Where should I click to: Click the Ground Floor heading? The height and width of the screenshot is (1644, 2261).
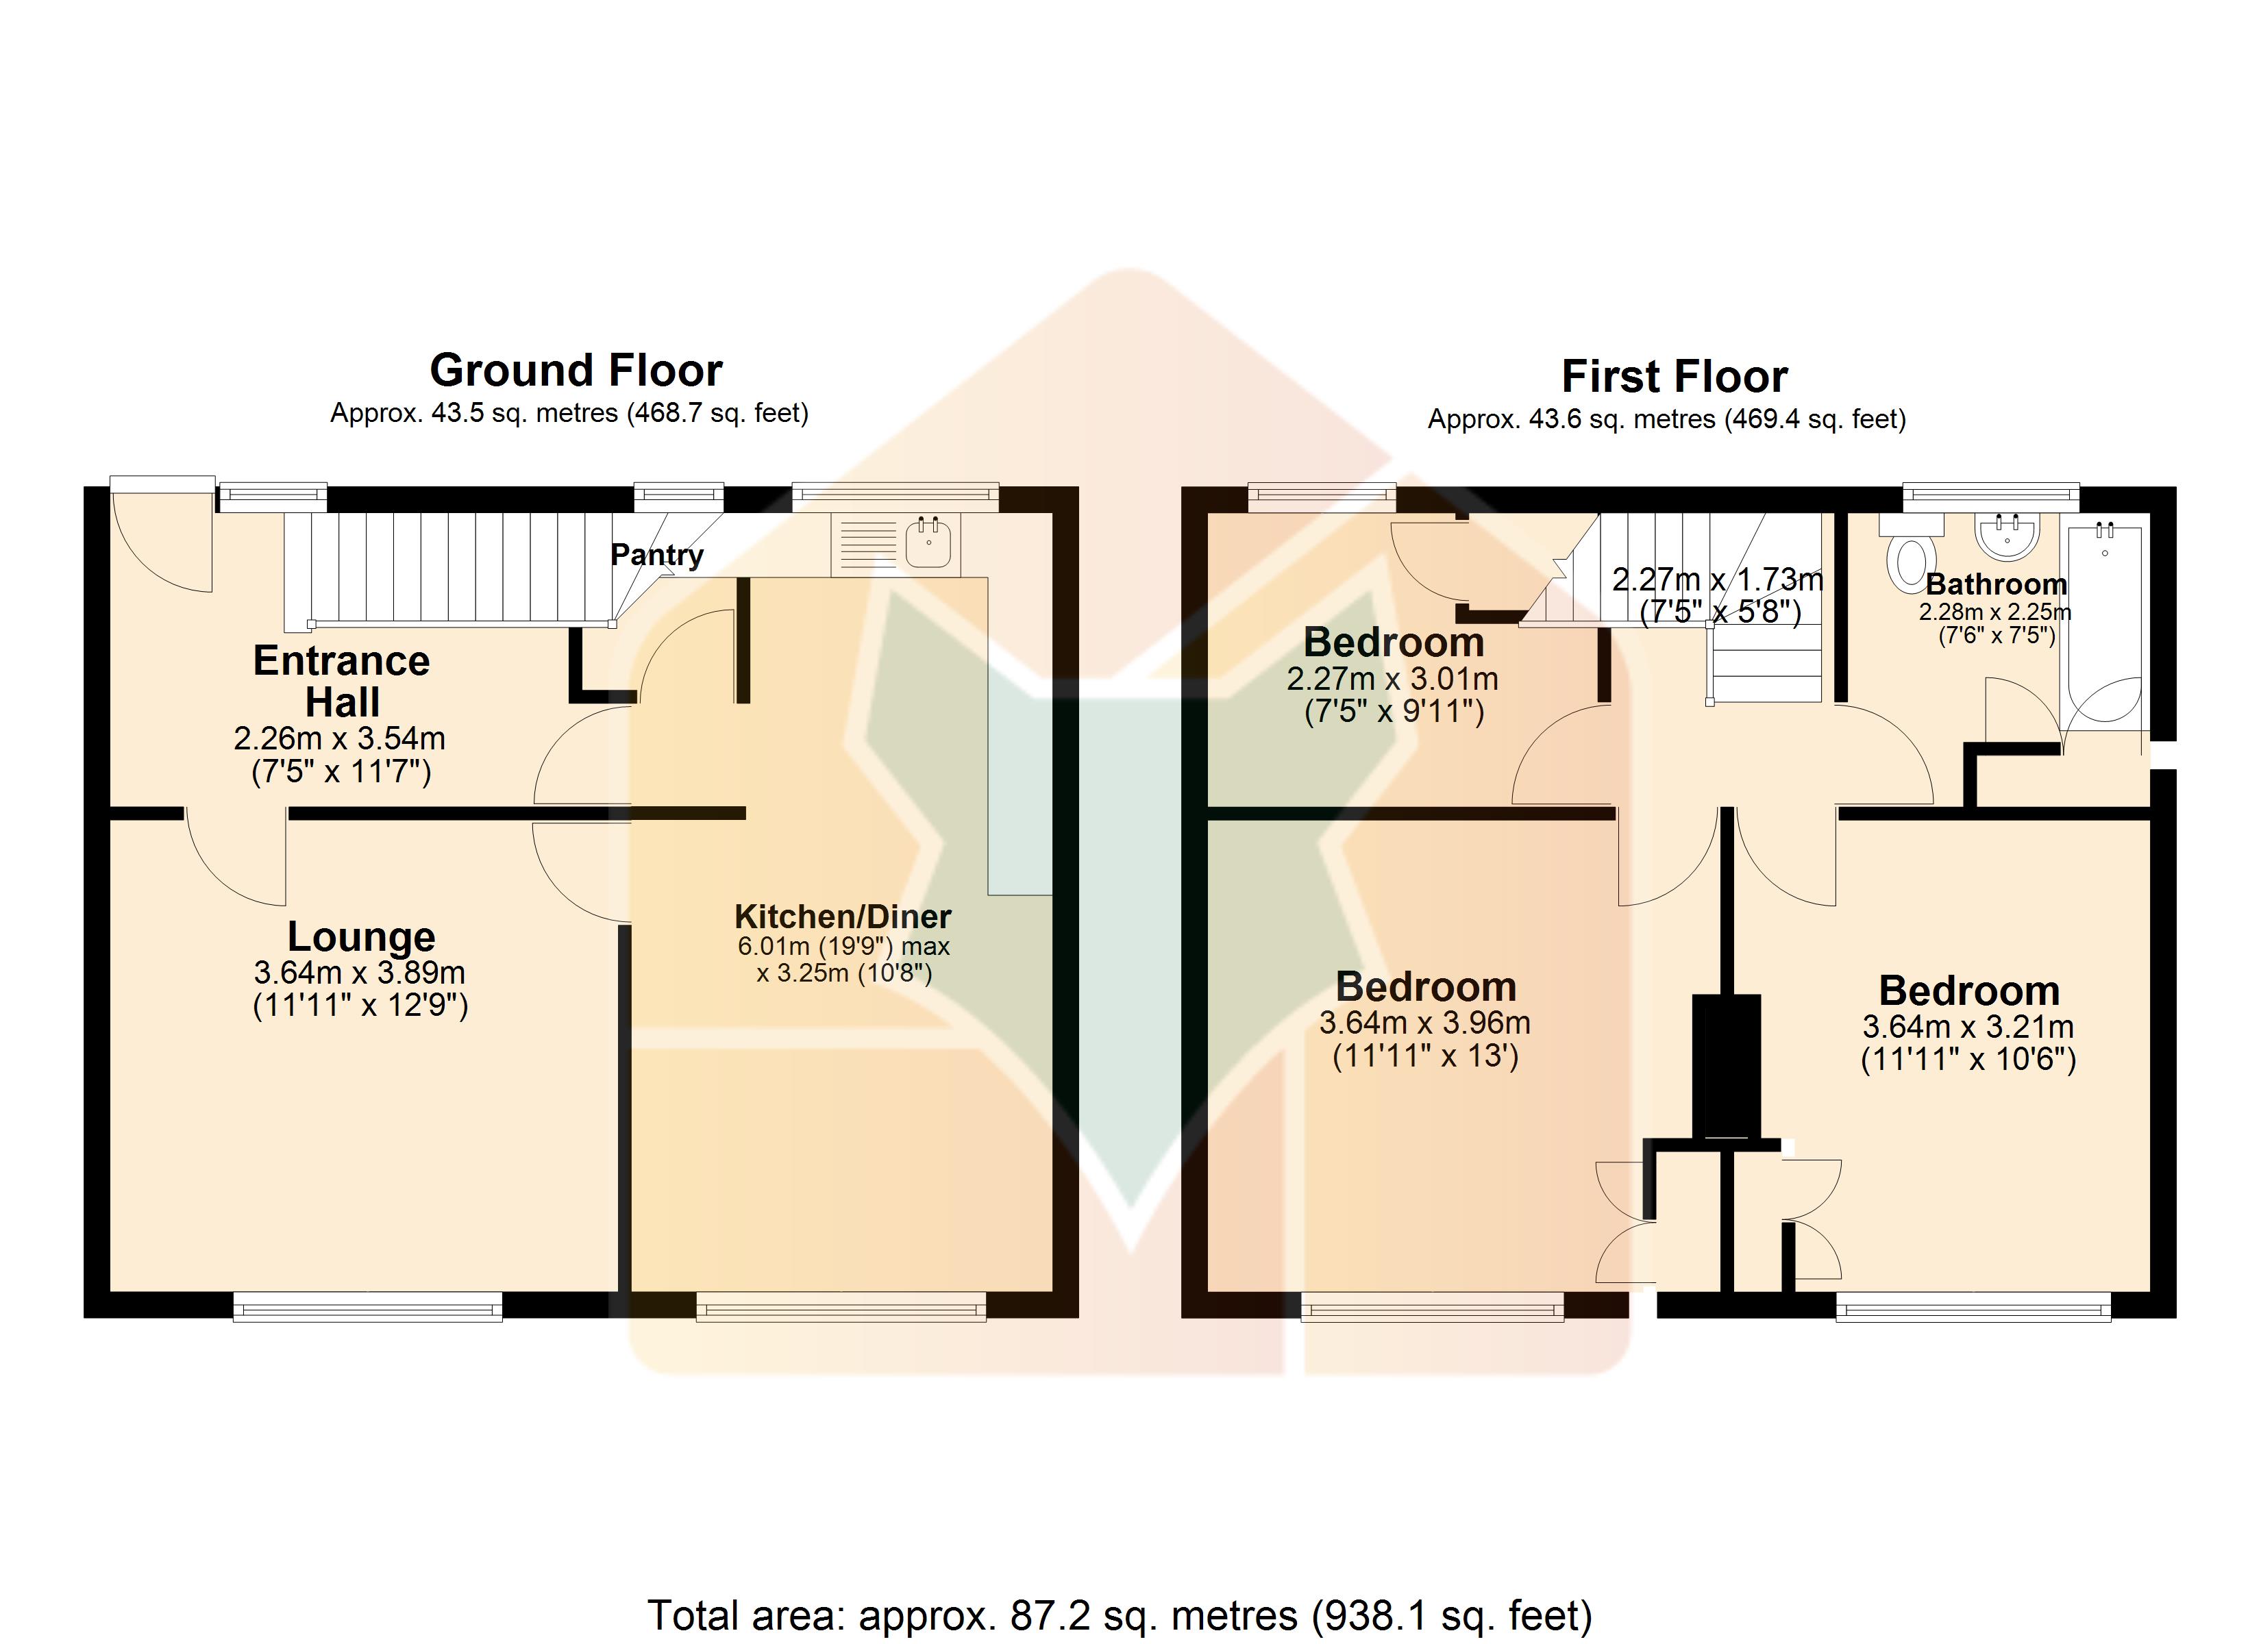576,371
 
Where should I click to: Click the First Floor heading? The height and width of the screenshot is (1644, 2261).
1674,377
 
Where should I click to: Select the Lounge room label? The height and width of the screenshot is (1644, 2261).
361,937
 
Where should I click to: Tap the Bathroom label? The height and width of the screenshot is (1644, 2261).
1996,584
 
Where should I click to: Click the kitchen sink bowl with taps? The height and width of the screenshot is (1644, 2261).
928,543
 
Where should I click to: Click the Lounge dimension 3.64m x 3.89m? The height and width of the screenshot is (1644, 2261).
360,972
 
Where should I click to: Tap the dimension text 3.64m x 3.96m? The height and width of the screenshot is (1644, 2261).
1424,1023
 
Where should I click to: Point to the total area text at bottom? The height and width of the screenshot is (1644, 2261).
1120,1615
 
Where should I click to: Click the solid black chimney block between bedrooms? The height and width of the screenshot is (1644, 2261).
1726,1066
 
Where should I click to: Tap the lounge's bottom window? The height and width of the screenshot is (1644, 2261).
368,1306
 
